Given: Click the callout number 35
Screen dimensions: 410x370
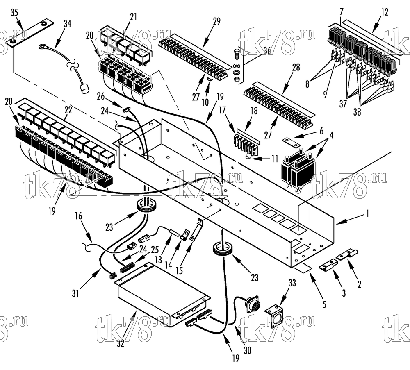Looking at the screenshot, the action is [14, 13].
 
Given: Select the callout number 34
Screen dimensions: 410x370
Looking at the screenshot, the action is [67, 23].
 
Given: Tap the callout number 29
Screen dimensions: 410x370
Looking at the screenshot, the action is [217, 21].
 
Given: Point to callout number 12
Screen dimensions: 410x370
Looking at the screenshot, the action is [385, 12].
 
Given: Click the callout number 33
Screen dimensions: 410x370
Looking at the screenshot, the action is [292, 283].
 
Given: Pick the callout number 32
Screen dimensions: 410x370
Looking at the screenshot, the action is [121, 344].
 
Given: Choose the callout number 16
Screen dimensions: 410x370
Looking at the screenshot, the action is [78, 216].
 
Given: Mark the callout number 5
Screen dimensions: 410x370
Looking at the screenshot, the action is [324, 304].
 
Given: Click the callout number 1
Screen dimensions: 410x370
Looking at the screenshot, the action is [367, 214].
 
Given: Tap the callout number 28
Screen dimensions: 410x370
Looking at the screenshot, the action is [296, 67].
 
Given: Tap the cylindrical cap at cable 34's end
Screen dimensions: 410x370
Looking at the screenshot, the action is [84, 89].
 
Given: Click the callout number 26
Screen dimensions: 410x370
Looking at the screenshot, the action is [101, 97].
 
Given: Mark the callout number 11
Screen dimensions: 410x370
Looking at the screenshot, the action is [274, 159].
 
